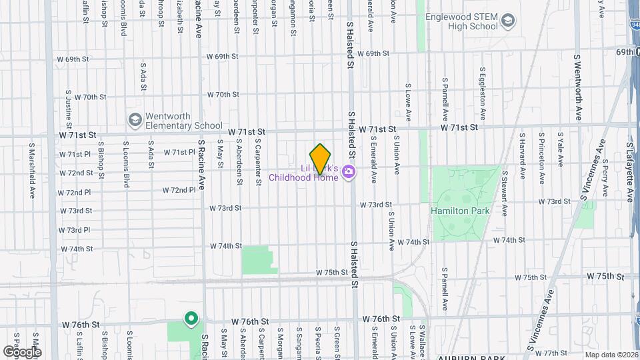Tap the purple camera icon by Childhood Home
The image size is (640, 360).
tap(348, 173)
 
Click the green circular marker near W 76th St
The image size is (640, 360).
tap(191, 319)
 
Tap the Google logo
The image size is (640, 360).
tap(21, 351)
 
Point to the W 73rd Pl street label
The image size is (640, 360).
tap(75, 230)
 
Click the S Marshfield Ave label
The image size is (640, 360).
tap(31, 170)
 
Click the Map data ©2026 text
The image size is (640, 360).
tap(611, 355)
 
